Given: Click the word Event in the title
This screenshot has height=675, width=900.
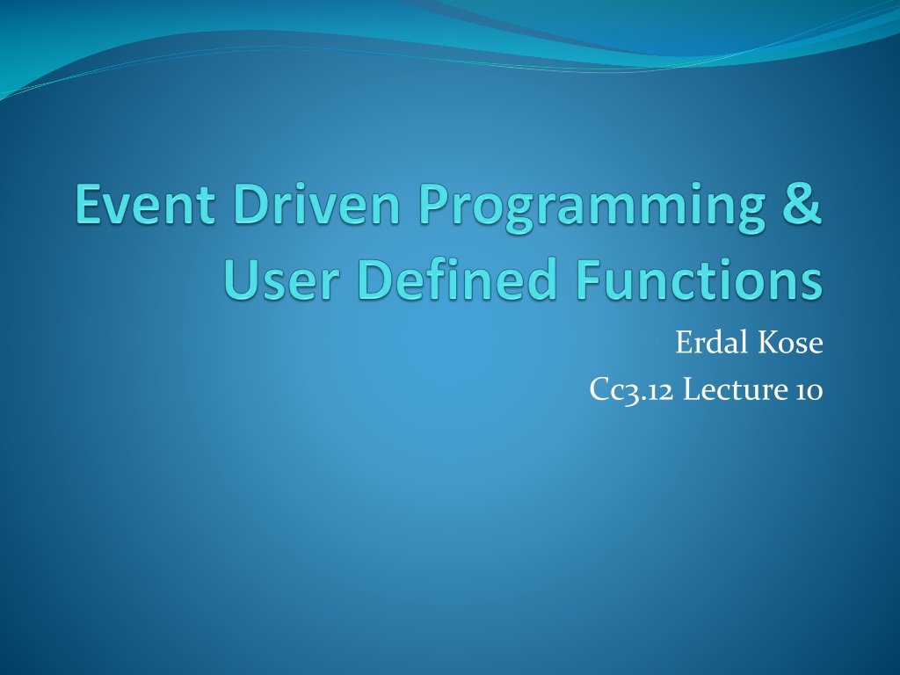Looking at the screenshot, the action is (x=145, y=204).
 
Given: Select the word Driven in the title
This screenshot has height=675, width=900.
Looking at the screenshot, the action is (x=316, y=204).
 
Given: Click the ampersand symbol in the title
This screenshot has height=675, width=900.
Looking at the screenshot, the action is (x=802, y=204).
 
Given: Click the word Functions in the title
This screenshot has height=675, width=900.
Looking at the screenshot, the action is (x=699, y=279).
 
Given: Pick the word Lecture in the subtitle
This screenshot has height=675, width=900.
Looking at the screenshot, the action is (x=736, y=389).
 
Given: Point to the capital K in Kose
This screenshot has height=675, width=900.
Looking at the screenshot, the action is (x=770, y=344).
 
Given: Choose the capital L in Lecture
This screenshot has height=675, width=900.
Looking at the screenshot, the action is (x=693, y=389).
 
